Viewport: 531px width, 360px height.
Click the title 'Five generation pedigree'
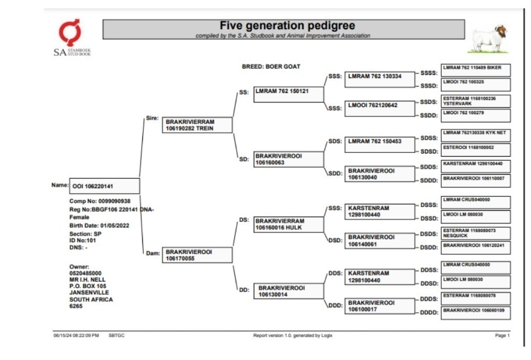pyautogui.click(x=287, y=25)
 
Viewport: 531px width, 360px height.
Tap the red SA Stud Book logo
pyautogui.click(x=70, y=32)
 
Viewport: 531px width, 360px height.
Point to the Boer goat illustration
pyautogui.click(x=488, y=39)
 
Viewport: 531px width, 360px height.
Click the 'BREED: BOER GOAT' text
pyautogui.click(x=271, y=67)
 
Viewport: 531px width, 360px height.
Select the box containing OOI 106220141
pyautogui.click(x=104, y=186)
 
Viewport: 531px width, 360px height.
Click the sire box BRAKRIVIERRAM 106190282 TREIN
pyautogui.click(x=197, y=125)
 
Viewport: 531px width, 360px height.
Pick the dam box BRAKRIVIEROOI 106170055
pyautogui.click(x=197, y=255)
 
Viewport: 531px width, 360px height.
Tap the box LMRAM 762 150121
pyautogui.click(x=288, y=95)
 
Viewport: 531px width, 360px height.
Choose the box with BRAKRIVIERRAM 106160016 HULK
pyautogui.click(x=288, y=225)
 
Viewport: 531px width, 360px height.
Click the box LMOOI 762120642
pyautogui.click(x=380, y=108)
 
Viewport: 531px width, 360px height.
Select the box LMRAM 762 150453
pyautogui.click(x=380, y=144)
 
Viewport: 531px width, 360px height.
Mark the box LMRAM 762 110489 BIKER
pyautogui.click(x=475, y=71)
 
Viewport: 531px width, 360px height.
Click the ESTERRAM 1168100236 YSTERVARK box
pyautogui.click(x=475, y=101)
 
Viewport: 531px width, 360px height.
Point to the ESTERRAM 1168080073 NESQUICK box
pyautogui.click(x=475, y=233)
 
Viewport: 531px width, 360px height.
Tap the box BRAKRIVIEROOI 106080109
pyautogui.click(x=475, y=313)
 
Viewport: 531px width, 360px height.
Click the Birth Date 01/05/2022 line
pyautogui.click(x=99, y=226)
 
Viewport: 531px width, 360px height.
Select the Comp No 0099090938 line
pyautogui.click(x=100, y=201)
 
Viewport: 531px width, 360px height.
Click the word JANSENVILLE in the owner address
pyautogui.click(x=89, y=293)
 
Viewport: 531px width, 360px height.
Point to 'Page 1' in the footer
pyautogui.click(x=502, y=335)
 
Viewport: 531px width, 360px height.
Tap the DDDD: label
pyautogui.click(x=429, y=313)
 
